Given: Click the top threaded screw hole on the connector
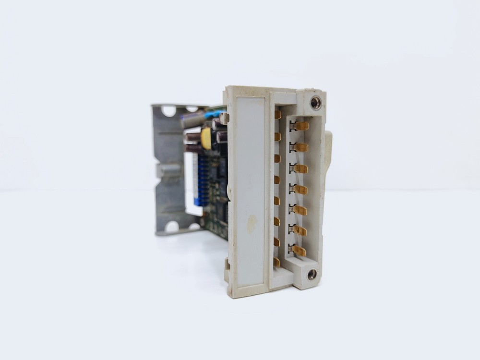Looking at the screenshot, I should tap(315, 102).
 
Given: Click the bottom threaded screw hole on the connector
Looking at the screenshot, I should tap(312, 274).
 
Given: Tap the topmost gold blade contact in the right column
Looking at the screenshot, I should tap(300, 126).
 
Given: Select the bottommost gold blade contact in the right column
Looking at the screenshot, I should tap(299, 251).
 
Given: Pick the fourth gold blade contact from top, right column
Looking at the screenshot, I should tap(300, 189).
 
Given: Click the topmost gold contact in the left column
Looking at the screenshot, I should tap(277, 115).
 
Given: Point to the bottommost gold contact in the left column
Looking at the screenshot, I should tap(276, 262).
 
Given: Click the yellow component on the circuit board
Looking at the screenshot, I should tap(206, 138).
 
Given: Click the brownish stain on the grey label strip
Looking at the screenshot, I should tap(252, 224).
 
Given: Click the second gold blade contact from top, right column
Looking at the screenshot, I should tap(300, 147).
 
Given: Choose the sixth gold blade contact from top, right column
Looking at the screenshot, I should tap(300, 230).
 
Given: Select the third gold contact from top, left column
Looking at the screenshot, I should tap(277, 158).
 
